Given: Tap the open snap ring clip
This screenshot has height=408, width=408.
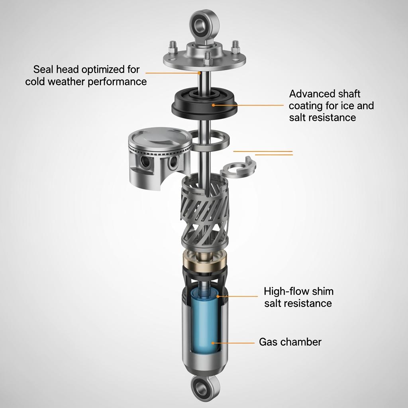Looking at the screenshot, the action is (x=238, y=168).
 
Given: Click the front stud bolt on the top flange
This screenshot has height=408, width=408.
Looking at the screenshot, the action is (x=207, y=58).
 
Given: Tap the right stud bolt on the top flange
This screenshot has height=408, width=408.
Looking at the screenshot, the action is (x=235, y=47).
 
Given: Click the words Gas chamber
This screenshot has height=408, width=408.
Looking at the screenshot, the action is (x=290, y=342).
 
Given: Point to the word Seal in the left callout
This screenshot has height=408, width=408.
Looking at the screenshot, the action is (x=43, y=69).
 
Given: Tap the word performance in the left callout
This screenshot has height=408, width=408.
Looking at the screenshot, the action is (x=117, y=82).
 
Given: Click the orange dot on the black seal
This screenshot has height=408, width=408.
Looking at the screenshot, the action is (x=214, y=105).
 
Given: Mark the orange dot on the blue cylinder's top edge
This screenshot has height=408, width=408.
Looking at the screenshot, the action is (x=218, y=296).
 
